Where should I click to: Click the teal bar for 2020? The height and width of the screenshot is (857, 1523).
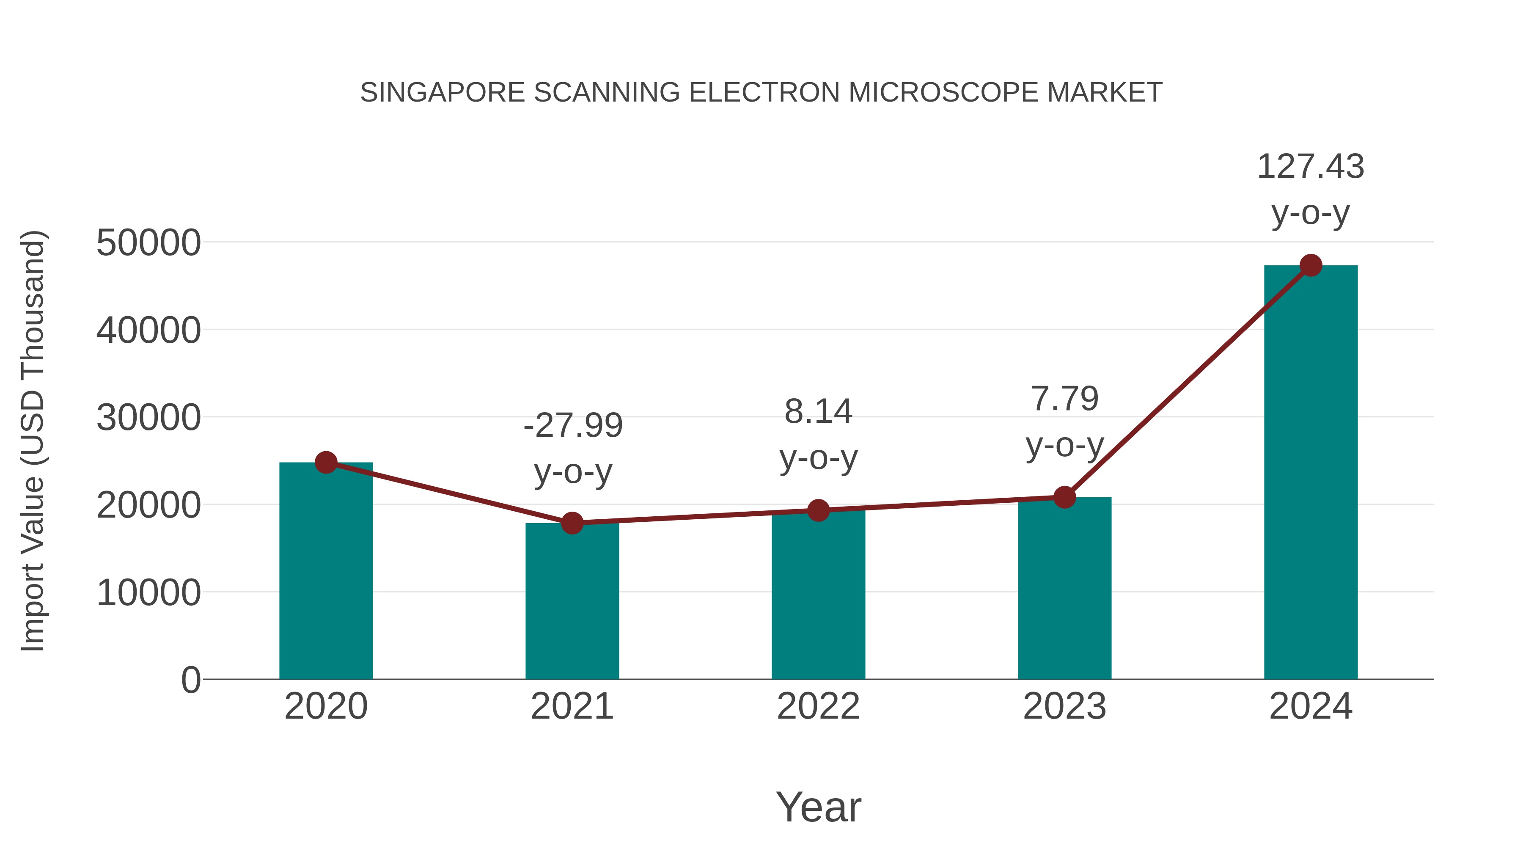(326, 571)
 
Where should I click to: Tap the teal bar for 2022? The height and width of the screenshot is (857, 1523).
(818, 595)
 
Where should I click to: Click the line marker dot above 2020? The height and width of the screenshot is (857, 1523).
(326, 463)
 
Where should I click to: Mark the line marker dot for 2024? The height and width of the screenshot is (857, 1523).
(1311, 265)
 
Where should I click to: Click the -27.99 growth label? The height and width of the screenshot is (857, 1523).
(573, 425)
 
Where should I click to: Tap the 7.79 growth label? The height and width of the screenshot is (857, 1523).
(1064, 398)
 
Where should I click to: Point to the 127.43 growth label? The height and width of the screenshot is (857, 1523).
(1311, 166)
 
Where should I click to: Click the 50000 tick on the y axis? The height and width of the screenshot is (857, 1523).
(148, 242)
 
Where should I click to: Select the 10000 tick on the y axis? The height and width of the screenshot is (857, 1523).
(148, 592)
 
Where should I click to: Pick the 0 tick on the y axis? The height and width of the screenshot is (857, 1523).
(191, 680)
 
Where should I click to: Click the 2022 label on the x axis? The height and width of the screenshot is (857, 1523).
(818, 706)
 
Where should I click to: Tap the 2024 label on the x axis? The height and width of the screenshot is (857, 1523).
(1311, 706)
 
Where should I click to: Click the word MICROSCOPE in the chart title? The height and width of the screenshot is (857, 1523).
(943, 93)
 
